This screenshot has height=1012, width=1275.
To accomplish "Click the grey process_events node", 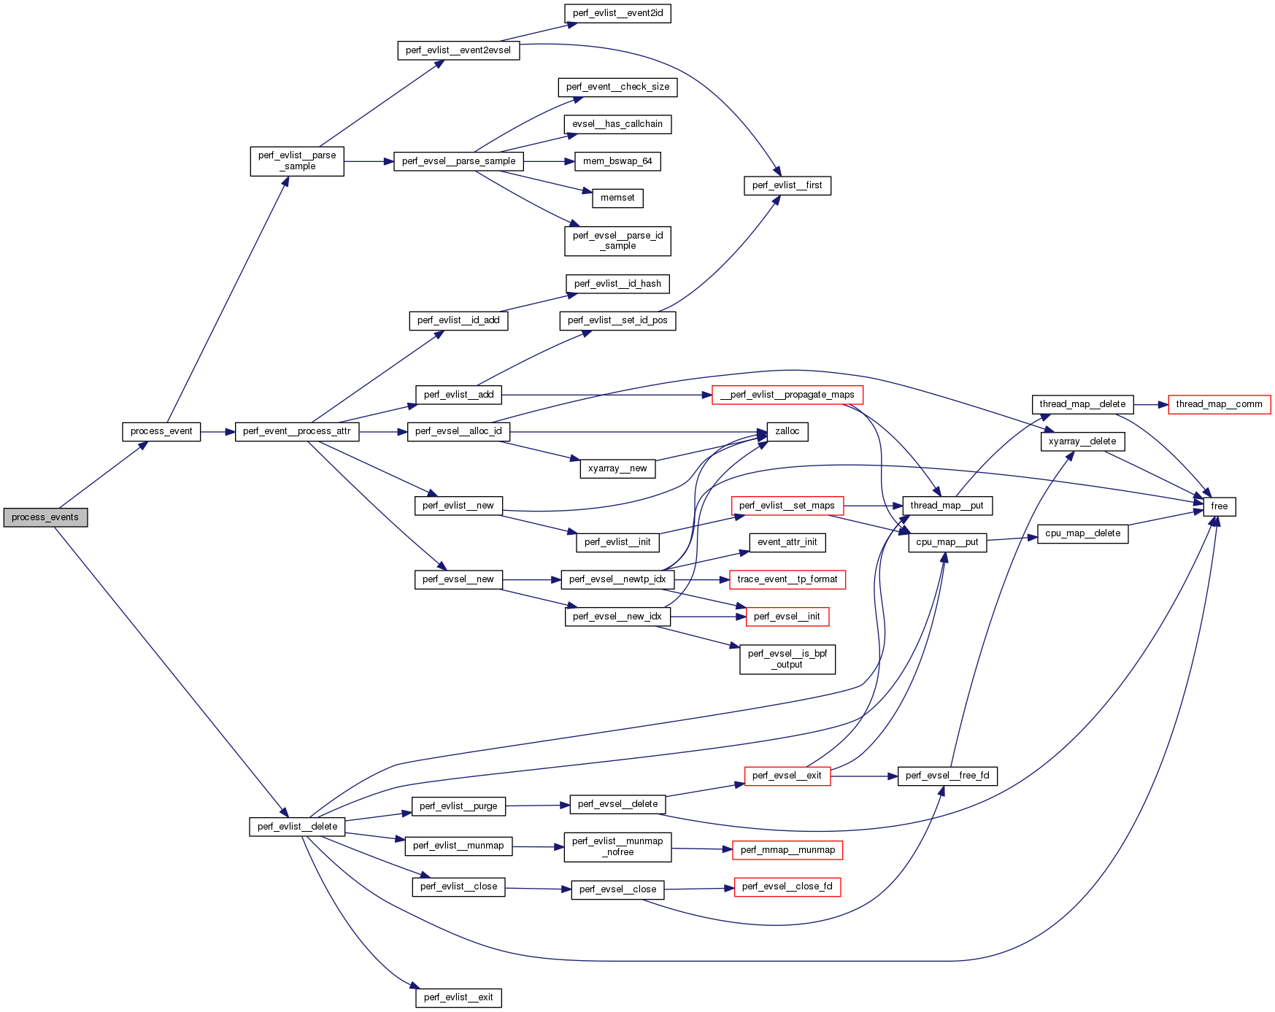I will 45,517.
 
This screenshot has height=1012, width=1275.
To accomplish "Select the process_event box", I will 161,431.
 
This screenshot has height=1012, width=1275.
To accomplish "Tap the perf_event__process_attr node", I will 296,431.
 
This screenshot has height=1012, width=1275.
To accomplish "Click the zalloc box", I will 787,431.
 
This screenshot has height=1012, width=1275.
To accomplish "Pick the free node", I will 1219,506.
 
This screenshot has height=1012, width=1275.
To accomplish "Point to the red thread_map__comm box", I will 1219,404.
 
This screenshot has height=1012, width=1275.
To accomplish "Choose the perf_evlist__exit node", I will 458,997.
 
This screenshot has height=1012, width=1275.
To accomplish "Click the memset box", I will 617,198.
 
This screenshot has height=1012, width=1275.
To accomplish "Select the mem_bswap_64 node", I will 617,161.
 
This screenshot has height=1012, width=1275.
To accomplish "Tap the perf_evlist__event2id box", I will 617,13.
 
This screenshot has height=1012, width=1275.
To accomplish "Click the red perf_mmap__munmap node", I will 787,850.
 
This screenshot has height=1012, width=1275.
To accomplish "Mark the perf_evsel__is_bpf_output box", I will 787,659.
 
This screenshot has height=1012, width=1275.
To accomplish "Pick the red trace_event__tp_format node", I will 787,579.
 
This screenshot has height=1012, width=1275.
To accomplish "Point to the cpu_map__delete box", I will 1082,533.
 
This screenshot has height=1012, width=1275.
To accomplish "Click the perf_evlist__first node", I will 787,185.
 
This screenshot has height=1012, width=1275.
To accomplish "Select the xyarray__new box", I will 617,468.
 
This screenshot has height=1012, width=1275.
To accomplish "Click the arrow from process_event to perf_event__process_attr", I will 217,432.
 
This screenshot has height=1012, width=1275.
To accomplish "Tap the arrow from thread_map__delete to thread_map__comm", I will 1151,404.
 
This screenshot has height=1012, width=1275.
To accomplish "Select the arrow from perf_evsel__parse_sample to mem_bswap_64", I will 549,161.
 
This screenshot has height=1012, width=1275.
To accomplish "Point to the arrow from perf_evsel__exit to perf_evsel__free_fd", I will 864,776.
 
